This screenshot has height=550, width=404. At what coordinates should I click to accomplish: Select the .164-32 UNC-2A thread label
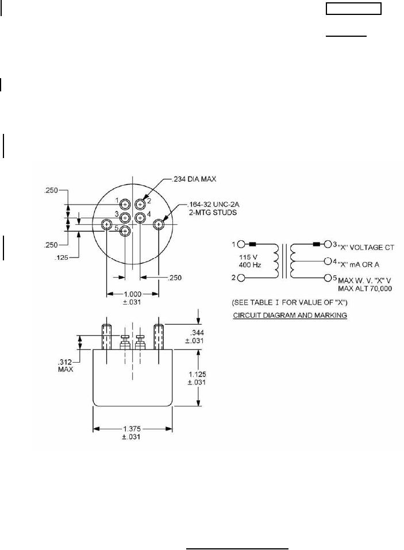(x=210, y=204)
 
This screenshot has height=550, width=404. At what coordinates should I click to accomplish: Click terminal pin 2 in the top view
(x=140, y=203)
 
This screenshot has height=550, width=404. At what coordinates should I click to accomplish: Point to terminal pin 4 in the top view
(x=140, y=217)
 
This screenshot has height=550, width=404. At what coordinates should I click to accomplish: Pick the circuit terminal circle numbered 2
(x=241, y=279)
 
